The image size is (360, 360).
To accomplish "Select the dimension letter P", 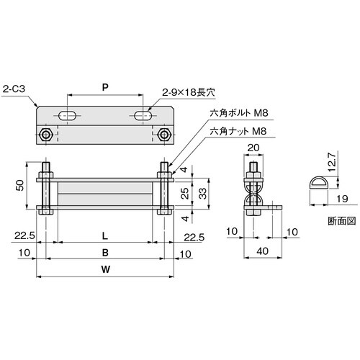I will coord(106,86).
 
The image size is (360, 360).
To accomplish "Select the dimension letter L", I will coord(106,235).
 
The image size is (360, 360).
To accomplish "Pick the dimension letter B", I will coord(106,253).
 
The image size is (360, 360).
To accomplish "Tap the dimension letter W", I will coord(106,271).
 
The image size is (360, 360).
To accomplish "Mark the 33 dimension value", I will coord(204,192).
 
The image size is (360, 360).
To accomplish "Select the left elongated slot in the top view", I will coord(70,115).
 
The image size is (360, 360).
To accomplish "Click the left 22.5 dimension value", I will coord(24,235).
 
